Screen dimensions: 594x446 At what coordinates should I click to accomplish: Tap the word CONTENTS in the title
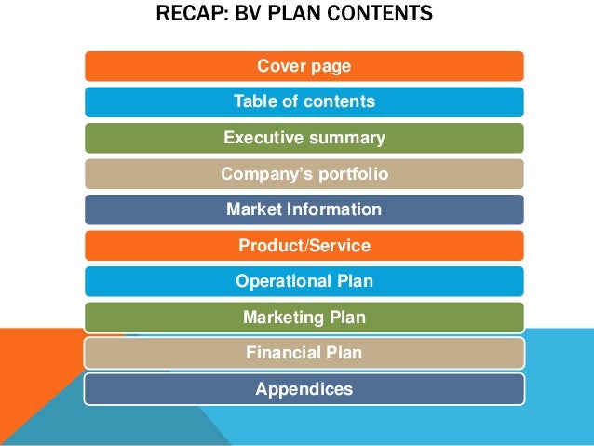(388, 16)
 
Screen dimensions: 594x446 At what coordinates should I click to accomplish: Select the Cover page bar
(304, 66)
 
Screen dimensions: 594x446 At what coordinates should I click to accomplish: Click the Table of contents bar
(304, 102)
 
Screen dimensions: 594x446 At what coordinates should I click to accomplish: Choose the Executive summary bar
(304, 138)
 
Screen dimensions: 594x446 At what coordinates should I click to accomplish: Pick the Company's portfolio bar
(304, 174)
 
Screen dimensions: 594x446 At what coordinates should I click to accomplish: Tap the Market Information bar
(304, 209)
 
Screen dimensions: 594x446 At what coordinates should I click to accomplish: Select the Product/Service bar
(304, 246)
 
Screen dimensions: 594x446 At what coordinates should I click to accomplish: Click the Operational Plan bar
(304, 281)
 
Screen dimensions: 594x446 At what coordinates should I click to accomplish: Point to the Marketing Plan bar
(304, 318)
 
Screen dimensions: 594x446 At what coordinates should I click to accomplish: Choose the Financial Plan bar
(304, 353)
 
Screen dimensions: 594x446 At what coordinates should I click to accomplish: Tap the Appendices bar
(304, 389)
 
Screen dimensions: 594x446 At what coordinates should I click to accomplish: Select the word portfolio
(351, 174)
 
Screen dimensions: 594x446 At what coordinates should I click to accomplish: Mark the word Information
(336, 209)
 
